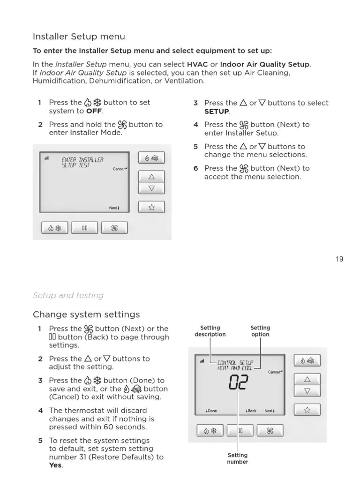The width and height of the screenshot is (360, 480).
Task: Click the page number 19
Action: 339,259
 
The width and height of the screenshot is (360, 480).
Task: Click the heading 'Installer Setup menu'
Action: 79,37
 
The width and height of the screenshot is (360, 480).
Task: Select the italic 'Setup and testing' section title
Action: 68,295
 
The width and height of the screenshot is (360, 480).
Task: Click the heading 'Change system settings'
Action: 86,314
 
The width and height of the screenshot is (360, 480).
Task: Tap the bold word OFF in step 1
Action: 94,111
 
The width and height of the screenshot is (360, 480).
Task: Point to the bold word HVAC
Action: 197,64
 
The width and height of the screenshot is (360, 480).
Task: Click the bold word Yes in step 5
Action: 55,465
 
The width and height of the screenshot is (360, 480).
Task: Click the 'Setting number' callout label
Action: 238,458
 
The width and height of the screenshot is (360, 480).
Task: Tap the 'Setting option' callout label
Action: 260,331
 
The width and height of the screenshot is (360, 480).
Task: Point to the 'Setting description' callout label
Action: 210,331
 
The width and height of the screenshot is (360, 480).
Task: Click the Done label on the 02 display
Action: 211,411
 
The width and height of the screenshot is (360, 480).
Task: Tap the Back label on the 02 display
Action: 251,411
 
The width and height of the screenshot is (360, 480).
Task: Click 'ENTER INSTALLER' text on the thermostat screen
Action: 82,160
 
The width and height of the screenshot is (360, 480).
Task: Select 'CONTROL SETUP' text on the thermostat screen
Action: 235,362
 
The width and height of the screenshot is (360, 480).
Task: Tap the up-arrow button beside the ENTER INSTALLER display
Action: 151,177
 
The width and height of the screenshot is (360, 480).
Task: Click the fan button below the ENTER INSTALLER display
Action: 114,228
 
